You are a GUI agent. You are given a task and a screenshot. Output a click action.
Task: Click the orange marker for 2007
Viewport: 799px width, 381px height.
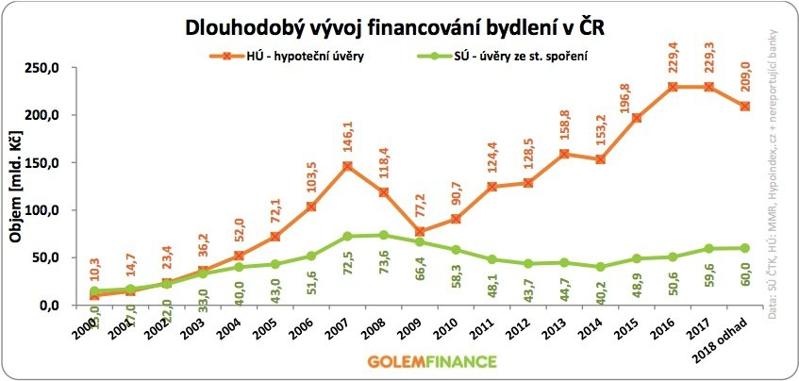pos(347,166)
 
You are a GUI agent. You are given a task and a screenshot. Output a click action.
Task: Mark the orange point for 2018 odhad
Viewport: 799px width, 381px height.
pos(745,106)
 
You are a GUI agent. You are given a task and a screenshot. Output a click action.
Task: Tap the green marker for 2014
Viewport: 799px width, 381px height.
pos(598,267)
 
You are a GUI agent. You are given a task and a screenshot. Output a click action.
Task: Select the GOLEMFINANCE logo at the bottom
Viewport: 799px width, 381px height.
pos(399,360)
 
